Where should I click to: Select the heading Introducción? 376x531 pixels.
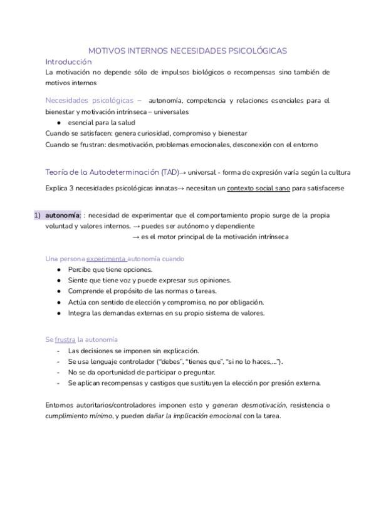pos(68,61)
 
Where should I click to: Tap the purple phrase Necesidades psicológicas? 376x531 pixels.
pos(90,100)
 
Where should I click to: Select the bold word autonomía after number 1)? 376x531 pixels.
pos(63,215)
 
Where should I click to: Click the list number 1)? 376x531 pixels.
pos(37,215)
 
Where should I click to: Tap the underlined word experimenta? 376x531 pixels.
pos(106,259)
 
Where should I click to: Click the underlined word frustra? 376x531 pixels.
pos(65,339)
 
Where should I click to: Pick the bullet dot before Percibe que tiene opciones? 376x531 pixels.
pos(59,270)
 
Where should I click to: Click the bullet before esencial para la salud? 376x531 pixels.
pos(59,123)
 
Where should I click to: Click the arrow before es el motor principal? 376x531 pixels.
pos(136,237)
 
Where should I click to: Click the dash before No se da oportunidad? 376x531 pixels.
pos(58,373)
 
